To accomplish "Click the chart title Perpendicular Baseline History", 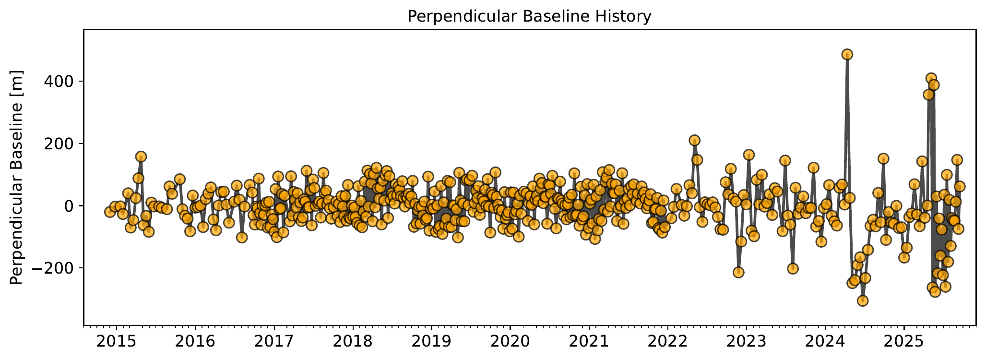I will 529,16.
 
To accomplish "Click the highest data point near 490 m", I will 847,54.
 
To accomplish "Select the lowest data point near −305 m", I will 863,301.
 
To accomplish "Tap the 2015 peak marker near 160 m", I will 141,156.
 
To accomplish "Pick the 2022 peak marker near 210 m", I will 694,140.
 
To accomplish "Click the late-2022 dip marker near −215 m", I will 738,273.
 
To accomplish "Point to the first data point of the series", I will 110,212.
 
